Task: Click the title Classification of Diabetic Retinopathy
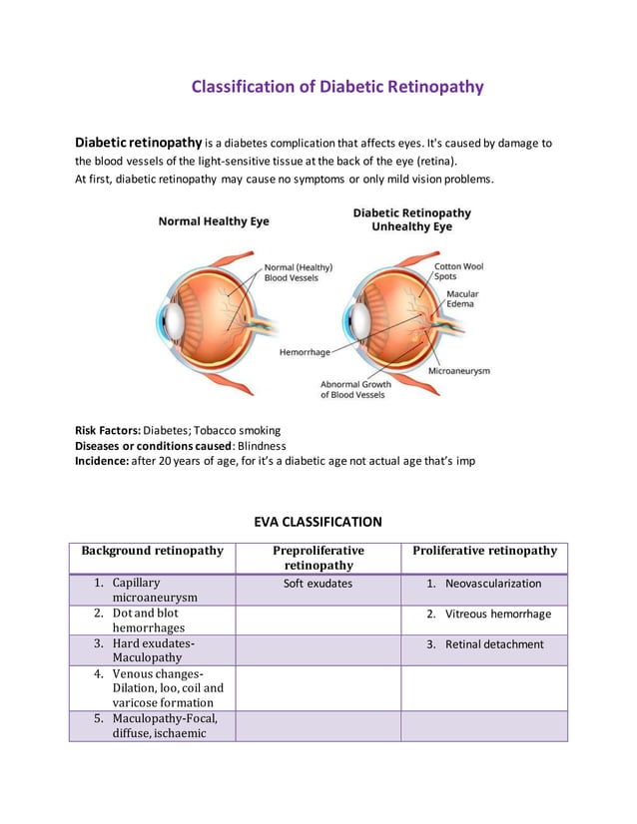pos(337,87)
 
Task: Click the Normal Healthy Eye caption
pos(214,221)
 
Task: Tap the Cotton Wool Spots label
pos(459,271)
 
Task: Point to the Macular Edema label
pos(462,299)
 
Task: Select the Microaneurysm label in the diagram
pos(459,370)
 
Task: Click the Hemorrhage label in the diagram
pos(305,352)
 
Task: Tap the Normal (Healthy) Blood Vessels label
pos(299,272)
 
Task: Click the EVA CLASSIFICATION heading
pos(318,522)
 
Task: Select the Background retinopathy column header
pos(152,551)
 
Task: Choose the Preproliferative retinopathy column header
pos(318,558)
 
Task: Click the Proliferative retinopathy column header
pos(484,551)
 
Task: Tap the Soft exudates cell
pos(318,584)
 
